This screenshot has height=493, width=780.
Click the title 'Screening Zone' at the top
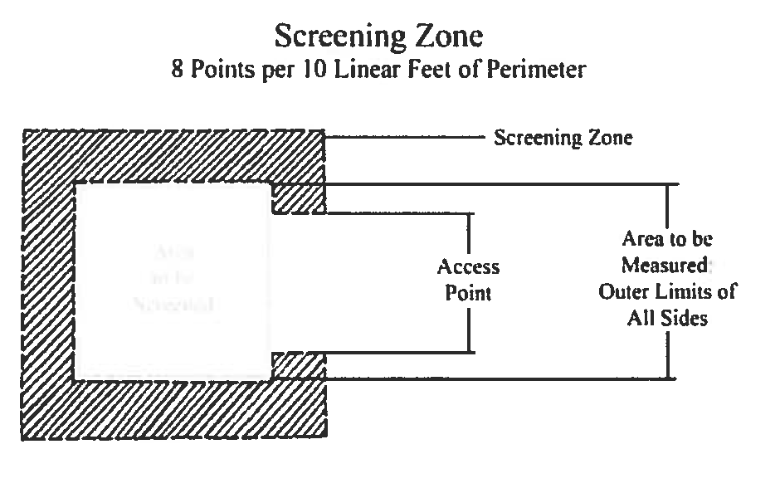pos(378,37)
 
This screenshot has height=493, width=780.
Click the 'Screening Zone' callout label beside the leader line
pos(563,138)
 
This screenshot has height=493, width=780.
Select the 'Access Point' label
pos(469,280)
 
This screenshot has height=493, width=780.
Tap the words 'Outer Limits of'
pos(668,292)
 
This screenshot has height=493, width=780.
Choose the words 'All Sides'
pos(667,319)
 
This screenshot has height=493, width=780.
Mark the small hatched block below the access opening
pos(299,364)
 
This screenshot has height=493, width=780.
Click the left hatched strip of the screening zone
pos(48,282)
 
